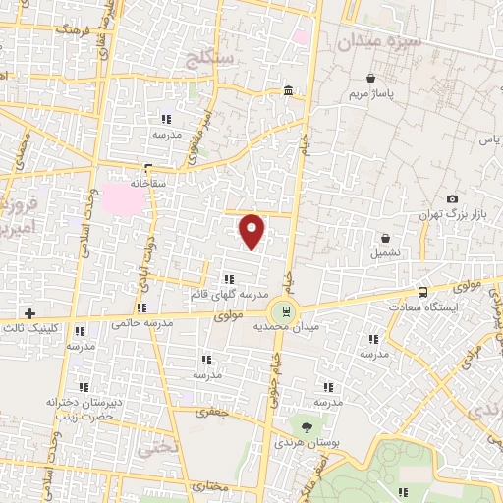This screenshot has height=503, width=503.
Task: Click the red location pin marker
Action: pyautogui.click(x=252, y=231)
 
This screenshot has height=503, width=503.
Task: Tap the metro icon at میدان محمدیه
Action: pyautogui.click(x=286, y=310)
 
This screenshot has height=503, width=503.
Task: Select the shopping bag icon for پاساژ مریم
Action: pyautogui.click(x=370, y=79)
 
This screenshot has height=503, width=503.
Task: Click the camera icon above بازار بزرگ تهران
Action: pyautogui.click(x=452, y=198)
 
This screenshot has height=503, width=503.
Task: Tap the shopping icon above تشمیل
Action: pyautogui.click(x=385, y=238)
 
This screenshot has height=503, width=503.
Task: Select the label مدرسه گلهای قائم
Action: pyautogui.click(x=229, y=294)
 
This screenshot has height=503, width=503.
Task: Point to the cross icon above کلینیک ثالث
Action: pyautogui.click(x=32, y=312)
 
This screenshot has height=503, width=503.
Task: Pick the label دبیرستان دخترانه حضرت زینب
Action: pyautogui.click(x=83, y=409)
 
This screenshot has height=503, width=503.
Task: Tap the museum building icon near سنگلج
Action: pyautogui.click(x=287, y=90)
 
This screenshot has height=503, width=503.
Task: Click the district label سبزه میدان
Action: pyautogui.click(x=377, y=43)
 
